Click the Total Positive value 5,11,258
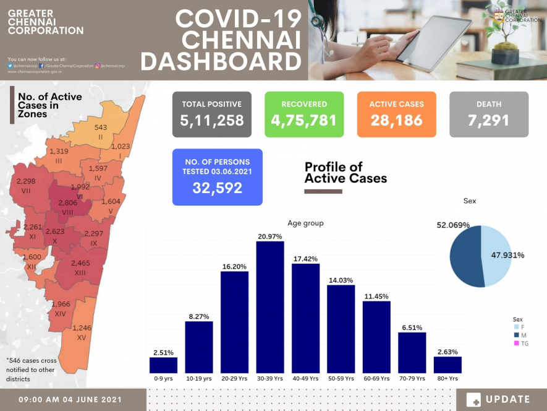[x=212, y=121]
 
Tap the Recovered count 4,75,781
[x=304, y=121]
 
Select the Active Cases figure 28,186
[x=396, y=121]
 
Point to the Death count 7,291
[x=489, y=121]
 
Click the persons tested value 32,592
[x=217, y=188]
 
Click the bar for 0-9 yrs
[x=163, y=365]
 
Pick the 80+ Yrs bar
[x=448, y=365]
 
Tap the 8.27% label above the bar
[x=199, y=316]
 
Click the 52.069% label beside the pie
[x=453, y=225]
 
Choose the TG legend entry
[x=520, y=343]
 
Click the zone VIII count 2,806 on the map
[x=67, y=203]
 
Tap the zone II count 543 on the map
[x=101, y=127]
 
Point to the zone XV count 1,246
[x=82, y=328]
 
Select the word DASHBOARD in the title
[x=221, y=63]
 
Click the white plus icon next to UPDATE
[x=473, y=400]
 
